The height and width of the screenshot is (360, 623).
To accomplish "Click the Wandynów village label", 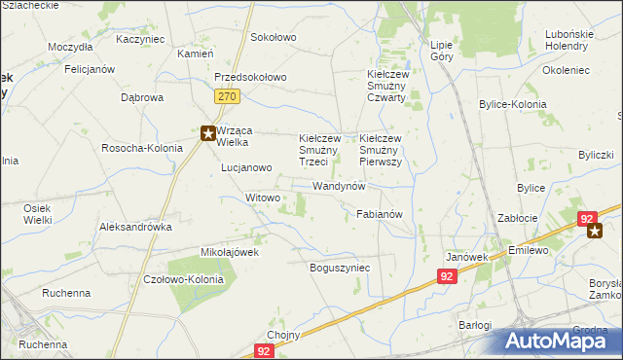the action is [338, 185].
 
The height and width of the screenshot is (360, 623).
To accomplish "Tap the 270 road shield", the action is [228, 96].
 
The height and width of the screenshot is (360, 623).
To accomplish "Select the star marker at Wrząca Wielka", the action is [207, 134].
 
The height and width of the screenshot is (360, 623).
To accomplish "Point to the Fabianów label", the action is [380, 213].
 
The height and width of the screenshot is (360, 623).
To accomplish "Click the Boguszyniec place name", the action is [340, 267].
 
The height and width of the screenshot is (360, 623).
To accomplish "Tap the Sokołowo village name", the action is [273, 37].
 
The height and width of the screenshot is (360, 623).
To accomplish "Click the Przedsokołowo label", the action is [250, 78].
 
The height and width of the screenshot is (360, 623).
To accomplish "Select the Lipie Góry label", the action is [442, 51].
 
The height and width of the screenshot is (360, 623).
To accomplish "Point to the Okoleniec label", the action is [568, 70].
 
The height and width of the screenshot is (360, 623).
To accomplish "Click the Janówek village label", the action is [466, 257].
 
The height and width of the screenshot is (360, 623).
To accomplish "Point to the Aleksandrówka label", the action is [135, 226].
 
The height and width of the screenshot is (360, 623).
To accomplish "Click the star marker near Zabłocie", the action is [596, 231].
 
